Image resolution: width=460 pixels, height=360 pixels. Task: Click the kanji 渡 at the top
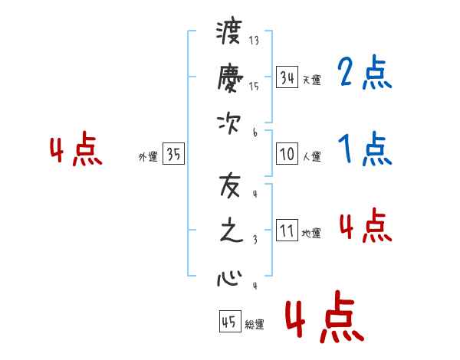[x=229, y=31]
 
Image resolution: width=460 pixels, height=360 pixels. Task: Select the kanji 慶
[x=230, y=77]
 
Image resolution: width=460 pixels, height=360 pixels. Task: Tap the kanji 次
[x=229, y=123]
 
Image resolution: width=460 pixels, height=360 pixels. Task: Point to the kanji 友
[x=230, y=186]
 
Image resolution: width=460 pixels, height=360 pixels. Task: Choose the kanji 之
[x=232, y=231]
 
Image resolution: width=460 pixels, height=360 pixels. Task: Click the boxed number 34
[x=287, y=77]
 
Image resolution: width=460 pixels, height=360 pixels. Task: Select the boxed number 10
[x=287, y=154]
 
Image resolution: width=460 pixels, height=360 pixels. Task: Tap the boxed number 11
[x=287, y=230]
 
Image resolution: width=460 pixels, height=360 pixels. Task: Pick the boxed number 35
[x=173, y=153]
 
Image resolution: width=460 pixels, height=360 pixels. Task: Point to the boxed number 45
[x=230, y=321]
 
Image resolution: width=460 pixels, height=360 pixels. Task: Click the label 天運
[x=311, y=80]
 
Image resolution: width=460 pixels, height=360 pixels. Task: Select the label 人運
[x=311, y=156]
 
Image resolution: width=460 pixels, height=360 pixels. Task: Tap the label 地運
[x=311, y=233]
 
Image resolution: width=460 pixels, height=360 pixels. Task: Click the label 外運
[x=148, y=157]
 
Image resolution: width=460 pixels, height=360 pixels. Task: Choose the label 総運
[x=255, y=324]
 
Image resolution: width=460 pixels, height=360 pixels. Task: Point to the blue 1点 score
[x=365, y=149]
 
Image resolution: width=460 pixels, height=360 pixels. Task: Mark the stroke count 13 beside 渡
[x=254, y=40]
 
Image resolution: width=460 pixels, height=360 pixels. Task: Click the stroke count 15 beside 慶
[x=254, y=86]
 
